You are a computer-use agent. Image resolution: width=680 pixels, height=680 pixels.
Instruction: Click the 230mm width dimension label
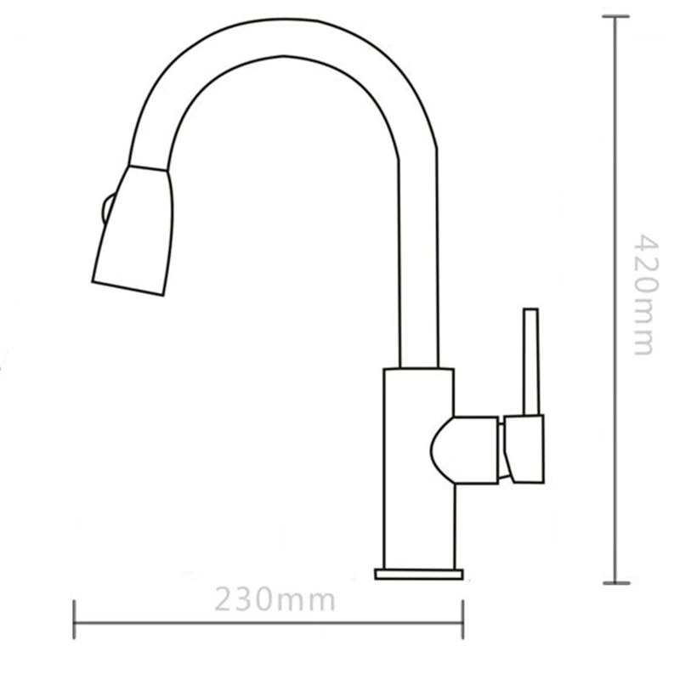pyautogui.click(x=275, y=599)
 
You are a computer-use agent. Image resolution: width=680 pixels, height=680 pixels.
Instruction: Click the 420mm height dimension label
pyautogui.click(x=646, y=295)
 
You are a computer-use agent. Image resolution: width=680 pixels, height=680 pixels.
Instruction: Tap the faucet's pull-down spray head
pyautogui.click(x=133, y=230)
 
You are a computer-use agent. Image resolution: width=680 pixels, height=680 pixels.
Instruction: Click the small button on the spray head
pyautogui.click(x=107, y=209)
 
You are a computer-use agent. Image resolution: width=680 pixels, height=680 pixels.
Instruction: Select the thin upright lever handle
pyautogui.click(x=531, y=362)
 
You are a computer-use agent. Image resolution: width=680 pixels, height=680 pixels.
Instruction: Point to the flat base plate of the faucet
pyautogui.click(x=419, y=575)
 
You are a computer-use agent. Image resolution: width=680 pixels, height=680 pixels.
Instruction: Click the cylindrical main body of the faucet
pyautogui.click(x=419, y=468)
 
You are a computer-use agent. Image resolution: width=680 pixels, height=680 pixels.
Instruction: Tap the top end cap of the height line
pyautogui.click(x=615, y=16)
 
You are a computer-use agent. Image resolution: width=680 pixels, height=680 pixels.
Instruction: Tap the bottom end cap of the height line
pyautogui.click(x=615, y=583)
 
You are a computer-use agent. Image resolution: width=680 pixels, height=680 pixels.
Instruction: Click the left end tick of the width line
pyautogui.click(x=74, y=620)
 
